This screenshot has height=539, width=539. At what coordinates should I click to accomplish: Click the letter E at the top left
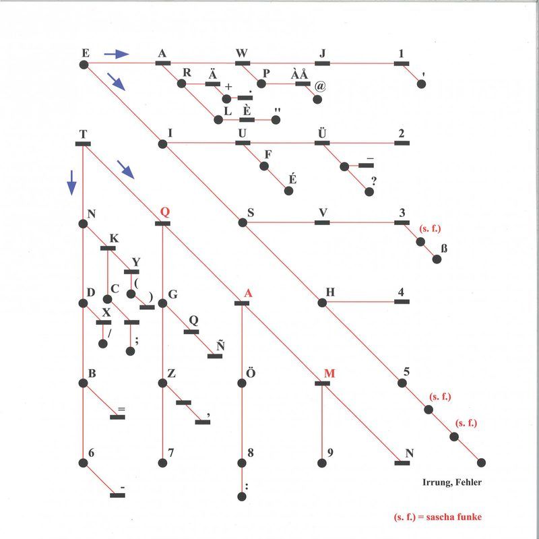coord(86,53)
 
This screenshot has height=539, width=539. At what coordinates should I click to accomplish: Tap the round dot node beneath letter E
coord(84,65)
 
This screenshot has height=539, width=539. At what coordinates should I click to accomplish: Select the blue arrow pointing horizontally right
coord(117,54)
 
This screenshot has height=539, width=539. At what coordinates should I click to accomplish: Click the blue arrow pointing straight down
coord(71,183)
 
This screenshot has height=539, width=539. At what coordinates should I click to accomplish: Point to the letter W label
coord(242,53)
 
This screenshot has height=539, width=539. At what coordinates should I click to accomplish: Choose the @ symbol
coord(320,86)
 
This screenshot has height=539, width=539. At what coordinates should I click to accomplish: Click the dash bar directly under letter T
coord(83,144)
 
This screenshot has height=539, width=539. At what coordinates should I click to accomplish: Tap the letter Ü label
coord(322,132)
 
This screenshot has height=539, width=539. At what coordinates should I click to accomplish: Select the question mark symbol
coord(374,181)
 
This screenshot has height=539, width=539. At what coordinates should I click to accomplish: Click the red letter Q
coord(165,212)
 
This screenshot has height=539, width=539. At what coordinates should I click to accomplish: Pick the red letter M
coord(329,373)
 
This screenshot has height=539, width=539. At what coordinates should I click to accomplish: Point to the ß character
coord(444,248)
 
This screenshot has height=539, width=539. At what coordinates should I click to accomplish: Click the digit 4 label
coord(401,292)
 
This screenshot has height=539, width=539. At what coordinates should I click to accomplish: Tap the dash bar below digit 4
coord(402,302)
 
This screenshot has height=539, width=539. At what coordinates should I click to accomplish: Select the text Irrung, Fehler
coord(452,482)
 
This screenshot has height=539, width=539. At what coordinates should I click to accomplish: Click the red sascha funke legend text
coord(438,517)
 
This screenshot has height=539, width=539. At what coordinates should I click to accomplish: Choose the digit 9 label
coord(330,453)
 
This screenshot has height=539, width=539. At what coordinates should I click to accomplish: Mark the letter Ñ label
coord(220,345)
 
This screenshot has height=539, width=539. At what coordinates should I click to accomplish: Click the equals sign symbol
coord(121,409)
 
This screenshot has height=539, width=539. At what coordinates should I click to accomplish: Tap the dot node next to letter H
coord(322,303)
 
